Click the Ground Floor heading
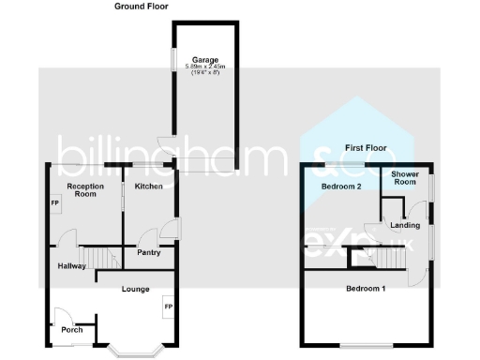tap(142, 7)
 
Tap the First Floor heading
tap(367, 148)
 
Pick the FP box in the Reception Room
tap(54, 203)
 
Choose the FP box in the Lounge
tap(169, 306)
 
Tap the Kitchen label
tap(148, 187)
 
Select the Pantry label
tap(148, 252)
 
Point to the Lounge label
tap(135, 290)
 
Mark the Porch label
tap(72, 329)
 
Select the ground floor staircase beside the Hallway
tap(98, 257)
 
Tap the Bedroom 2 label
tap(341, 187)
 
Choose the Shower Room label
tap(405, 178)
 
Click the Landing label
tap(405, 225)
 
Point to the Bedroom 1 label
tap(366, 288)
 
